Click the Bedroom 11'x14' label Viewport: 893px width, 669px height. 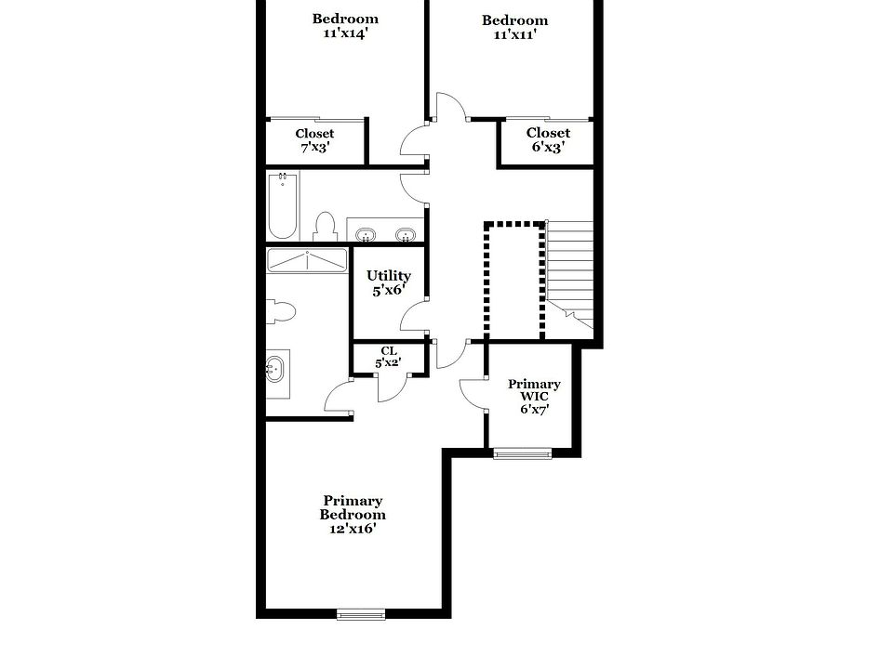pyautogui.click(x=345, y=26)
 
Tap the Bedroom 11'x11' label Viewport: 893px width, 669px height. pyautogui.click(x=514, y=28)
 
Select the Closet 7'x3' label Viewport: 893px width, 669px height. pyautogui.click(x=314, y=140)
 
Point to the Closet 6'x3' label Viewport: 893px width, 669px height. pyautogui.click(x=548, y=140)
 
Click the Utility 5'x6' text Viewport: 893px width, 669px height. pyautogui.click(x=389, y=282)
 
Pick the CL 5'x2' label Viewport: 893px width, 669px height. pyautogui.click(x=388, y=357)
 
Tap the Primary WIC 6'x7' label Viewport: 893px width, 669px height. pyautogui.click(x=534, y=397)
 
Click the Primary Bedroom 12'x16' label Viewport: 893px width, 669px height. pyautogui.click(x=353, y=515)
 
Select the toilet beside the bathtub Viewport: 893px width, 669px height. pyautogui.click(x=325, y=227)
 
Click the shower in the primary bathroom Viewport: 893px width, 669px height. pyautogui.click(x=307, y=260)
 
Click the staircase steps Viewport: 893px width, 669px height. pyautogui.click(x=569, y=269)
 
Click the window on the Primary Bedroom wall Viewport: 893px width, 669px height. pyautogui.click(x=360, y=613)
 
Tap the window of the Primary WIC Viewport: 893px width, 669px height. pyautogui.click(x=522, y=453)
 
